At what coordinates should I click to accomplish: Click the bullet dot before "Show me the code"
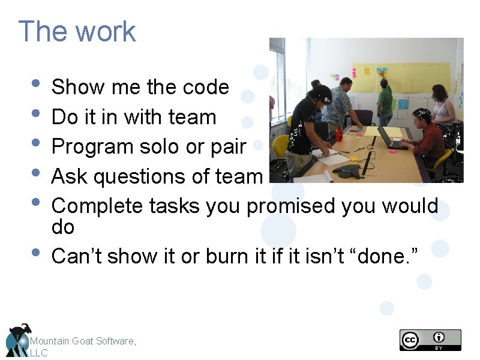37,84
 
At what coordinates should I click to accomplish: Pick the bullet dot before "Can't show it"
37,253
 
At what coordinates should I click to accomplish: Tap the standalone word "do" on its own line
63,227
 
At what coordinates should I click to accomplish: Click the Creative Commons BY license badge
430,340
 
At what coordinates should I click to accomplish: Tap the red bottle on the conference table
339,133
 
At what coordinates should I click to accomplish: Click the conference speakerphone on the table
347,172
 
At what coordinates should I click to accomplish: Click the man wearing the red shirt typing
427,135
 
